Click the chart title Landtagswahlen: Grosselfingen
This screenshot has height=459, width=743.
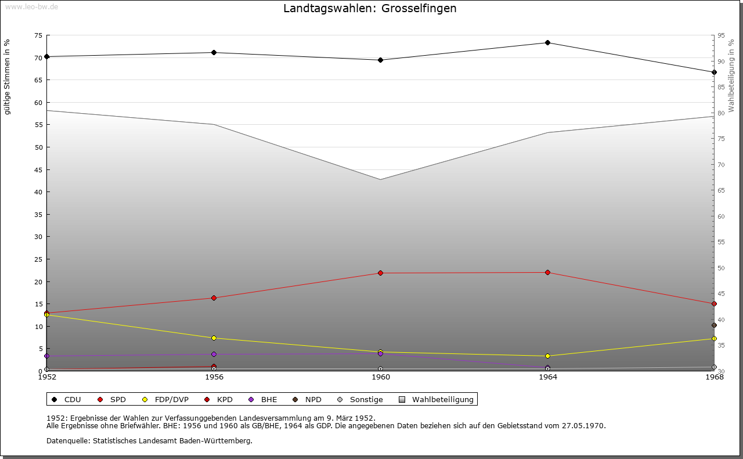pyautogui.click(x=370, y=9)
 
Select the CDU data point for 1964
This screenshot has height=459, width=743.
pyautogui.click(x=547, y=42)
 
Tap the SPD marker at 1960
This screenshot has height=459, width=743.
pyautogui.click(x=381, y=273)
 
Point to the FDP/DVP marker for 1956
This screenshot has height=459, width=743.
pyautogui.click(x=214, y=338)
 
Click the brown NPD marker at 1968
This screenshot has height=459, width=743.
pyautogui.click(x=714, y=325)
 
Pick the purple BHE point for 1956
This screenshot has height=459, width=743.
pyautogui.click(x=214, y=354)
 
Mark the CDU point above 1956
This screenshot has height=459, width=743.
pyautogui.click(x=214, y=52)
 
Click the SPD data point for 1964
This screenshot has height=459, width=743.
pyautogui.click(x=547, y=272)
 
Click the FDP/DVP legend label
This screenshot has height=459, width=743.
pyautogui.click(x=171, y=400)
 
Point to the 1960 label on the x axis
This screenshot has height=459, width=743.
pyautogui.click(x=381, y=377)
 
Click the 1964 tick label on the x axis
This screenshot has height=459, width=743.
pyautogui.click(x=547, y=377)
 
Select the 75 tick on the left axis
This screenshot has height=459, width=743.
pyautogui.click(x=38, y=35)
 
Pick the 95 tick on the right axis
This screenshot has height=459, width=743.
pyautogui.click(x=721, y=35)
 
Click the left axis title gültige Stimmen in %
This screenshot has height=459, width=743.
pyautogui.click(x=8, y=77)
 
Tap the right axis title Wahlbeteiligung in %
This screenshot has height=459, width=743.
pyautogui.click(x=731, y=75)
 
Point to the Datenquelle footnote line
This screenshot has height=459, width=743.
pyautogui.click(x=149, y=441)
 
